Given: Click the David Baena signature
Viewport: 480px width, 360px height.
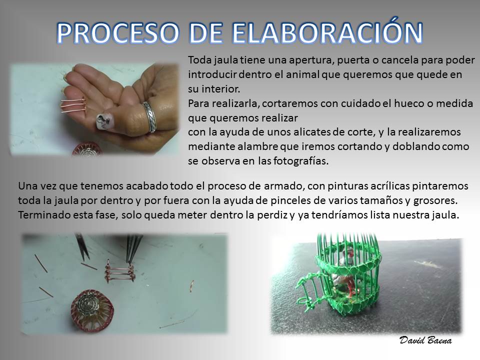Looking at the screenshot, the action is [x=425, y=340].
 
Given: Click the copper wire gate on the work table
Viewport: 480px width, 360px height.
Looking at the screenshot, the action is [x=119, y=271].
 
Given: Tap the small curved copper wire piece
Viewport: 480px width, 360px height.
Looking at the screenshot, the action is [x=191, y=285].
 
